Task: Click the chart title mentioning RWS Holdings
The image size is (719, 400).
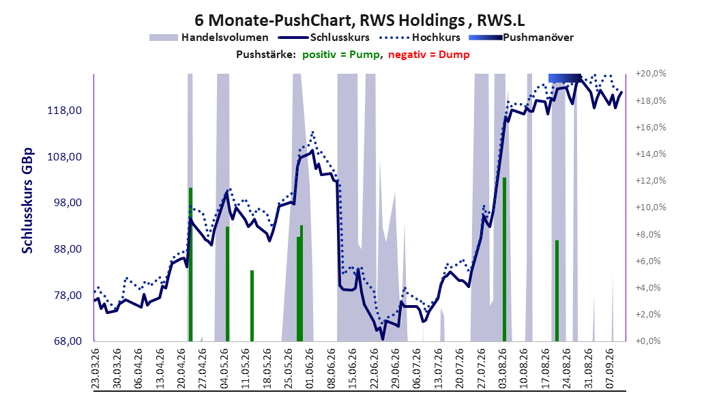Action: click(x=359, y=20)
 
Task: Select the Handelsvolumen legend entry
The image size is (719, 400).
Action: click(x=209, y=38)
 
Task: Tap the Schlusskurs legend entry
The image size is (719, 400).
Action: click(x=324, y=38)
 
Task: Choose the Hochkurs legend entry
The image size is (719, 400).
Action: click(x=420, y=38)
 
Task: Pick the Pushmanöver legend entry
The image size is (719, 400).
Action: click(x=521, y=38)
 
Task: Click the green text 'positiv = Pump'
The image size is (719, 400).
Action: click(x=341, y=55)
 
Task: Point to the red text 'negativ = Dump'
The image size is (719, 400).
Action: click(x=429, y=55)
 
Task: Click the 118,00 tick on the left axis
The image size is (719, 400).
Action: click(x=65, y=111)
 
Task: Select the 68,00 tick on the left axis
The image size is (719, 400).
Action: click(x=65, y=341)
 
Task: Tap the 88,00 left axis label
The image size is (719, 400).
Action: click(x=65, y=249)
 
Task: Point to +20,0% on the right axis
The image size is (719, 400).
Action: click(x=651, y=74)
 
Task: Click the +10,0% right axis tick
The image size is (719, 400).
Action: click(x=651, y=208)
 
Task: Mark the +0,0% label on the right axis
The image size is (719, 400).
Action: click(x=648, y=341)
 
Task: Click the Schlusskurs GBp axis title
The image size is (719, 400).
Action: click(x=27, y=201)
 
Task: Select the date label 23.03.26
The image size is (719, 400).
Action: click(x=96, y=369)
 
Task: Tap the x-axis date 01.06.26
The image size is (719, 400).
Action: click(x=309, y=369)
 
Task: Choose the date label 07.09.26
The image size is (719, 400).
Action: click(x=609, y=369)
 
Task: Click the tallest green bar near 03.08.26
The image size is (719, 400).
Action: click(x=504, y=259)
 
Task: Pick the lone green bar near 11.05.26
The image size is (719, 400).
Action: click(x=252, y=306)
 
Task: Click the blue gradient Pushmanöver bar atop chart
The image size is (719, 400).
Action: click(x=564, y=78)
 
